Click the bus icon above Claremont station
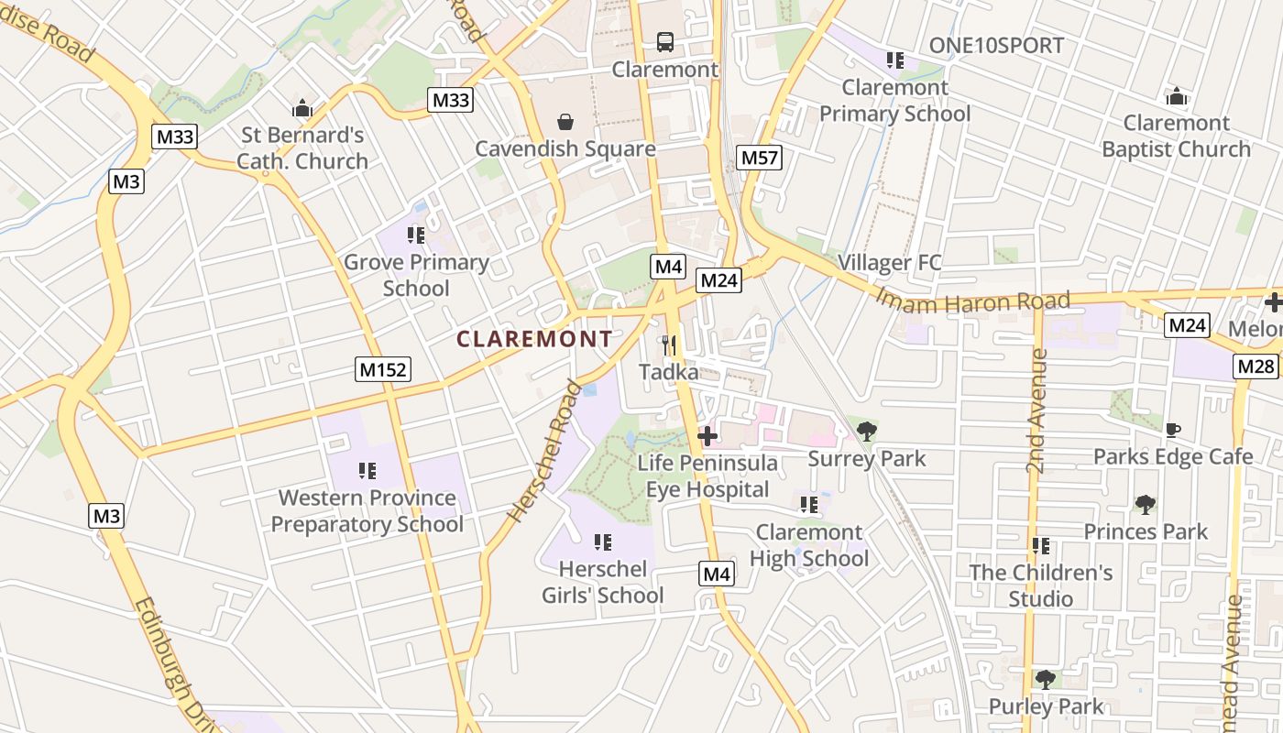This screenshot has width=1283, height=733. click(x=665, y=41)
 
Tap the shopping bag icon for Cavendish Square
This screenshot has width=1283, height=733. click(x=565, y=122)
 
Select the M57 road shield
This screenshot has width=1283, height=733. click(x=759, y=158)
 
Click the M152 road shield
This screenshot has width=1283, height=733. click(x=383, y=369)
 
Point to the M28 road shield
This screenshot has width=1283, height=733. click(x=1256, y=366)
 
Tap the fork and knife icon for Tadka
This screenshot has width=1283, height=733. click(x=669, y=345)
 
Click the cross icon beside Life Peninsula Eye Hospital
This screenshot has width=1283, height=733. click(x=707, y=436)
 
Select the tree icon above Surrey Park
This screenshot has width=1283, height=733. click(x=866, y=431)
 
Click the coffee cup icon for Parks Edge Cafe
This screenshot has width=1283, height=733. click(x=1172, y=430)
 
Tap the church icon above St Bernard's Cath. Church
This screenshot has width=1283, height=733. click(x=302, y=109)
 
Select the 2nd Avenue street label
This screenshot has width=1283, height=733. click(x=1036, y=410)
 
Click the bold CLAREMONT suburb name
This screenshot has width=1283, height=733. click(x=534, y=339)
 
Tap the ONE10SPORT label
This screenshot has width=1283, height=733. click(x=996, y=45)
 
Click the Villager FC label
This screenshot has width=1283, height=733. click(x=889, y=263)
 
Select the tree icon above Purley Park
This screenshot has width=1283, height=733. click(x=1045, y=679)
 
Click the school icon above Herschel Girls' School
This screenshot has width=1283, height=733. click(x=602, y=542)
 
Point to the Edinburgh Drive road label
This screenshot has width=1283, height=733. click(x=172, y=664)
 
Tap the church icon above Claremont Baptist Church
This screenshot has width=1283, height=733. click(x=1177, y=96)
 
